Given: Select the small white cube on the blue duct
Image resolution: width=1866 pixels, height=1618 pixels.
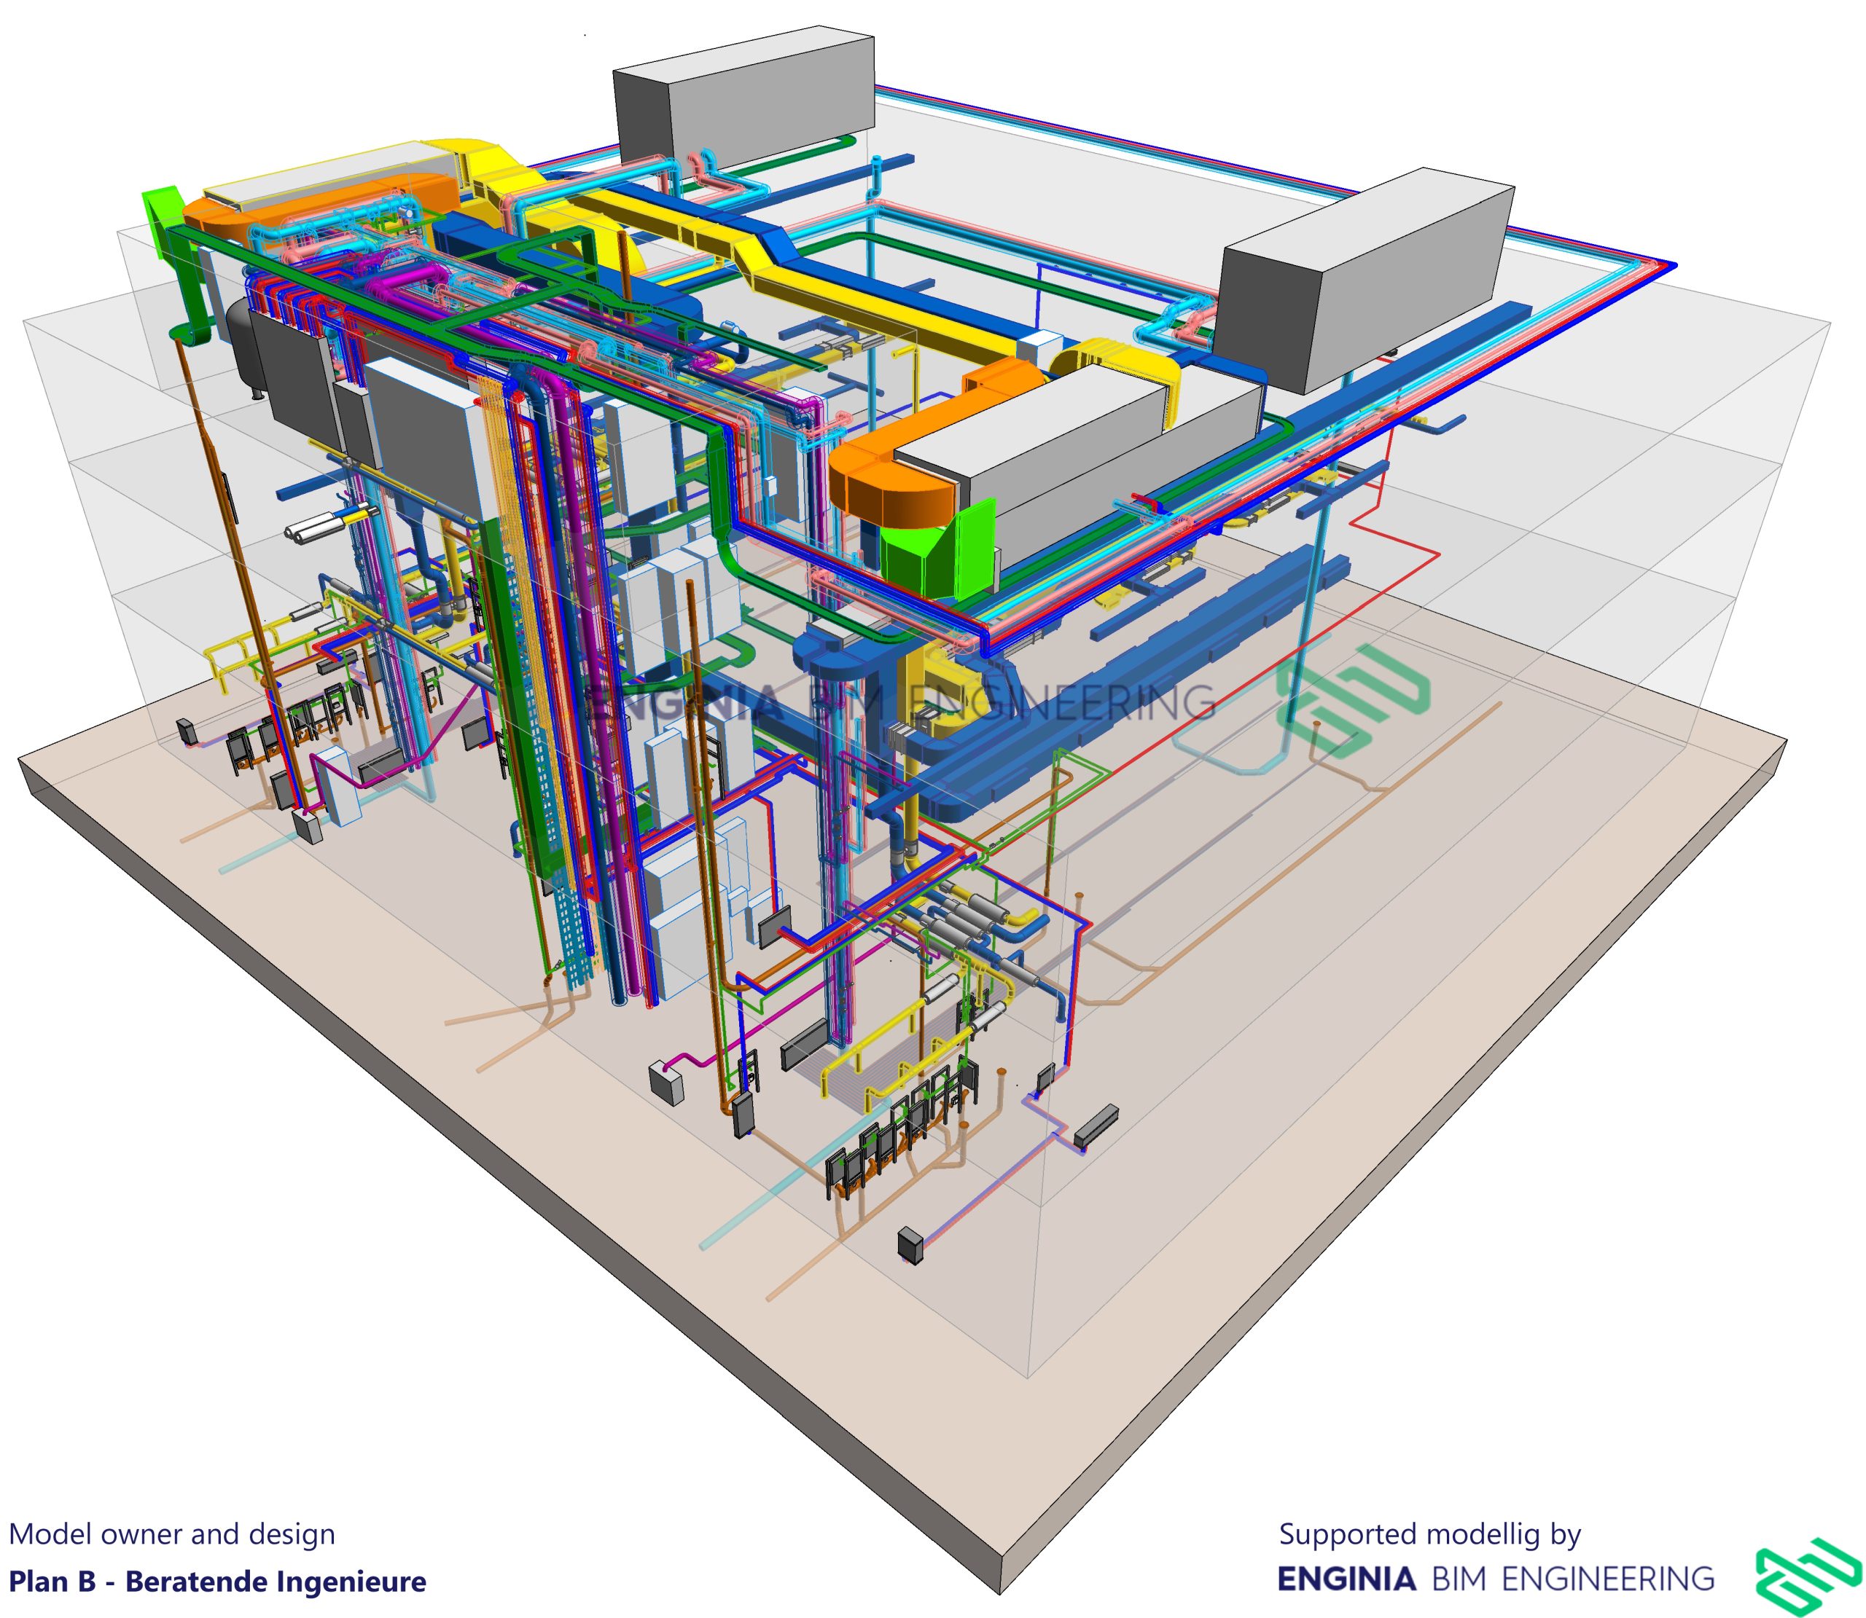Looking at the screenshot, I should [1040, 346].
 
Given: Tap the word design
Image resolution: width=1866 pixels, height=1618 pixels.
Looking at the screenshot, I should [291, 1534].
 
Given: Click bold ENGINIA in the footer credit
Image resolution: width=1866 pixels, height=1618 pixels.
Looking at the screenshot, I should [1346, 1579].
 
